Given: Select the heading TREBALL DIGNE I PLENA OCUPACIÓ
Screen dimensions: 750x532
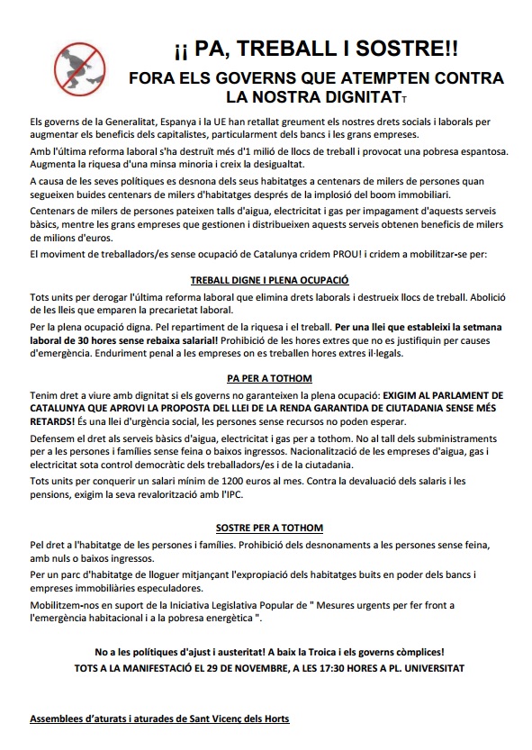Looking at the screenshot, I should (x=269, y=280).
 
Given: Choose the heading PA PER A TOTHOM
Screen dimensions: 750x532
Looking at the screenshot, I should (x=269, y=380).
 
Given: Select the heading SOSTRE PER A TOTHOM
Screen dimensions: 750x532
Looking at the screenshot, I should (x=269, y=527).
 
